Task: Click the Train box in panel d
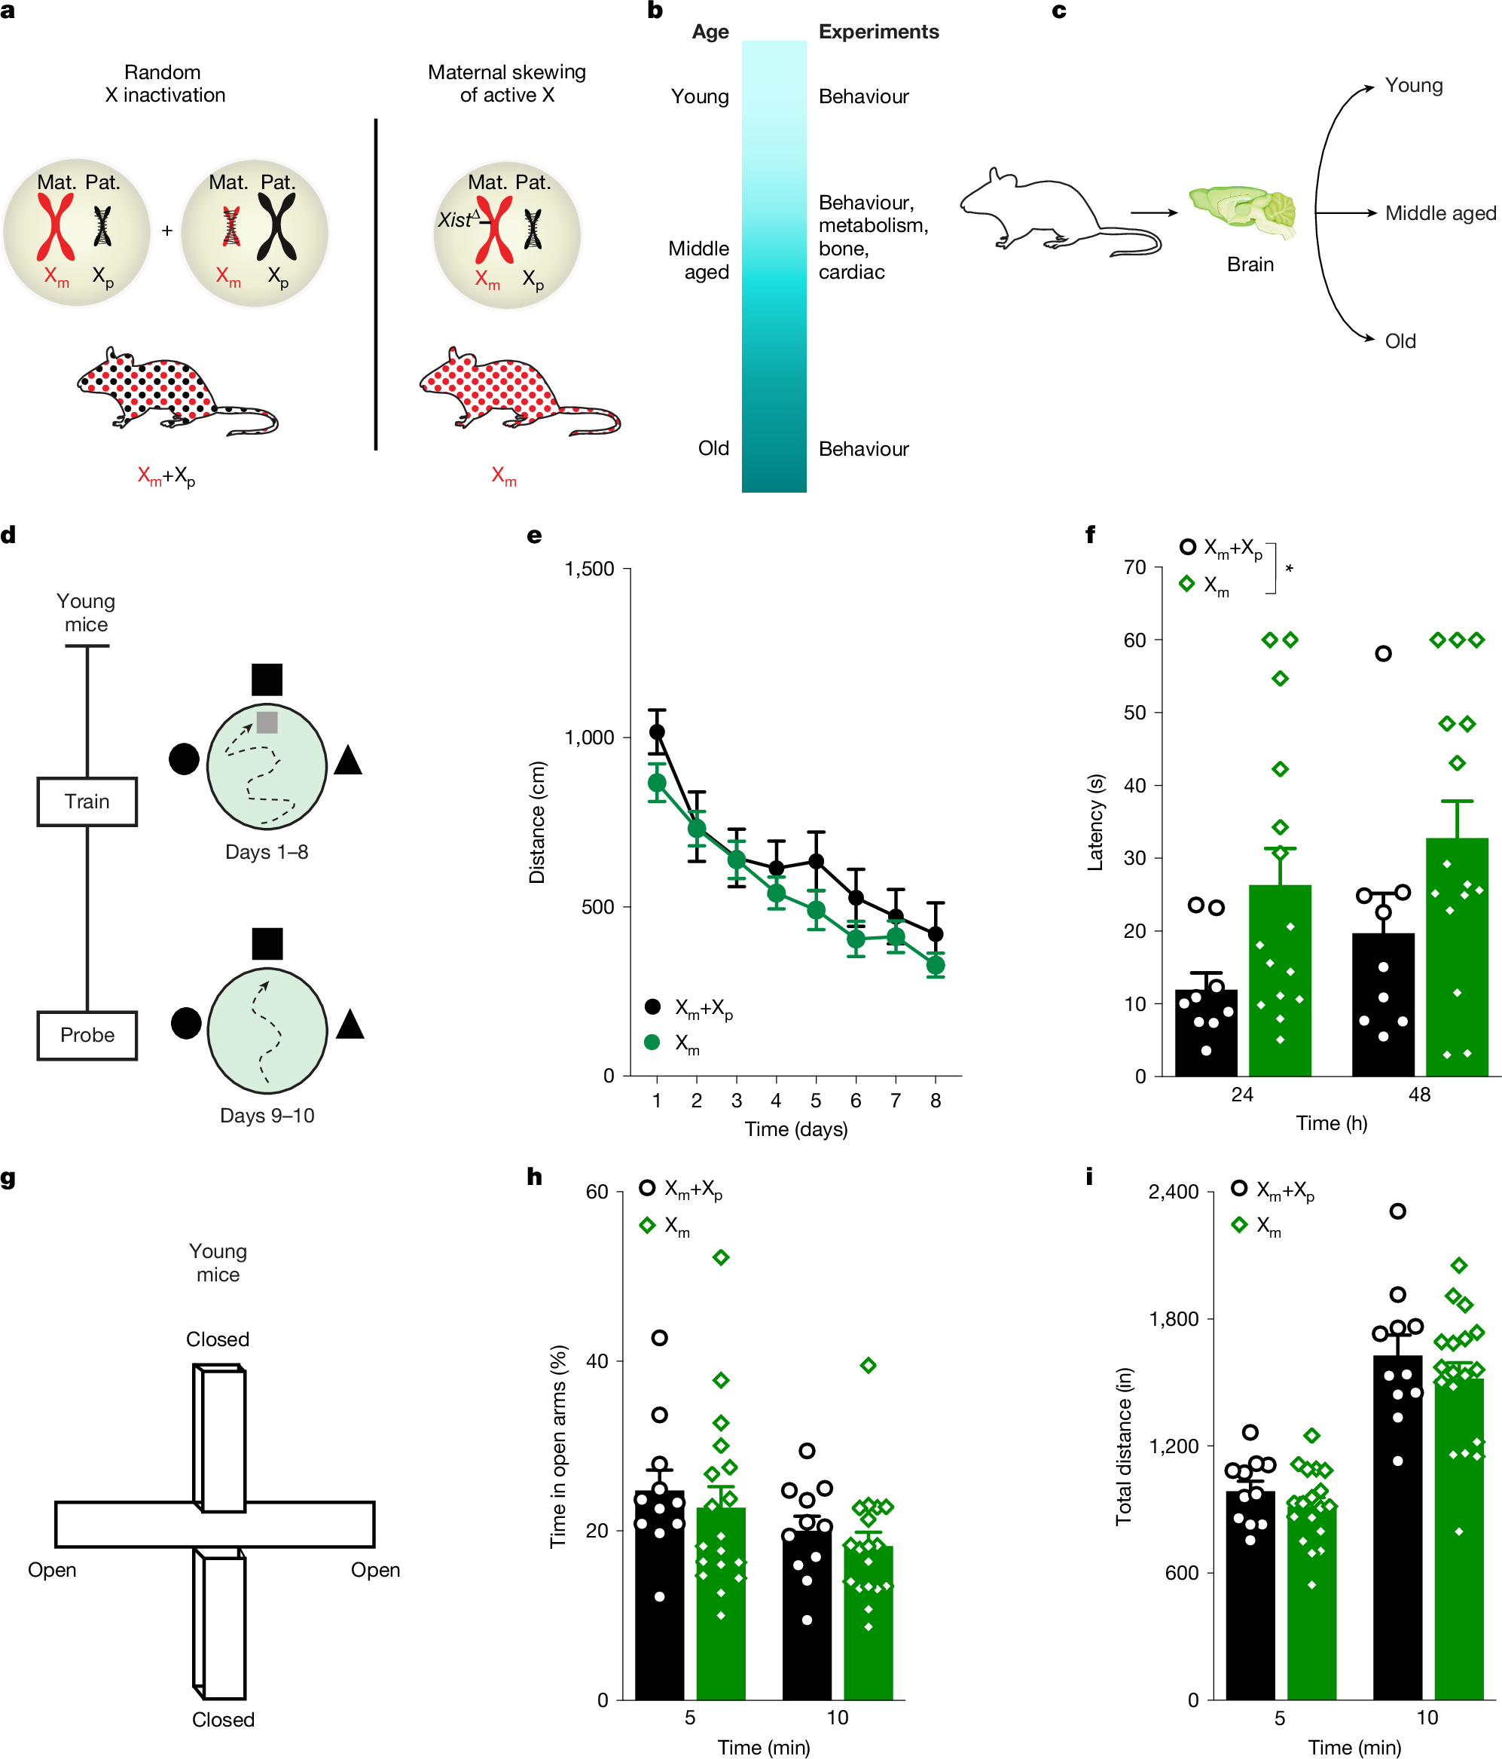coord(87,802)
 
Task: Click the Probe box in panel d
coord(87,1035)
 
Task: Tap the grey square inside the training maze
coord(267,722)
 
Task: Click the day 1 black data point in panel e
coord(656,731)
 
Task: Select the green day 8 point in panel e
coord(935,965)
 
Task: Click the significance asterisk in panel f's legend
coord(1289,569)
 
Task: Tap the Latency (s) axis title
coord(1095,822)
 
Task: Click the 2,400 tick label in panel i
coord(1173,1192)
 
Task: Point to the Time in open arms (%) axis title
coord(558,1446)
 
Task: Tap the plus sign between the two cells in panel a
coord(166,230)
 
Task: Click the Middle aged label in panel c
coord(1440,213)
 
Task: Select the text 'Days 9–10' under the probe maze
coord(267,1116)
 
